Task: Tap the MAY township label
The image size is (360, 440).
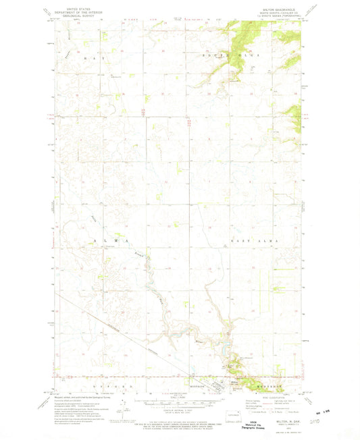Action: pyautogui.click(x=95, y=59)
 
